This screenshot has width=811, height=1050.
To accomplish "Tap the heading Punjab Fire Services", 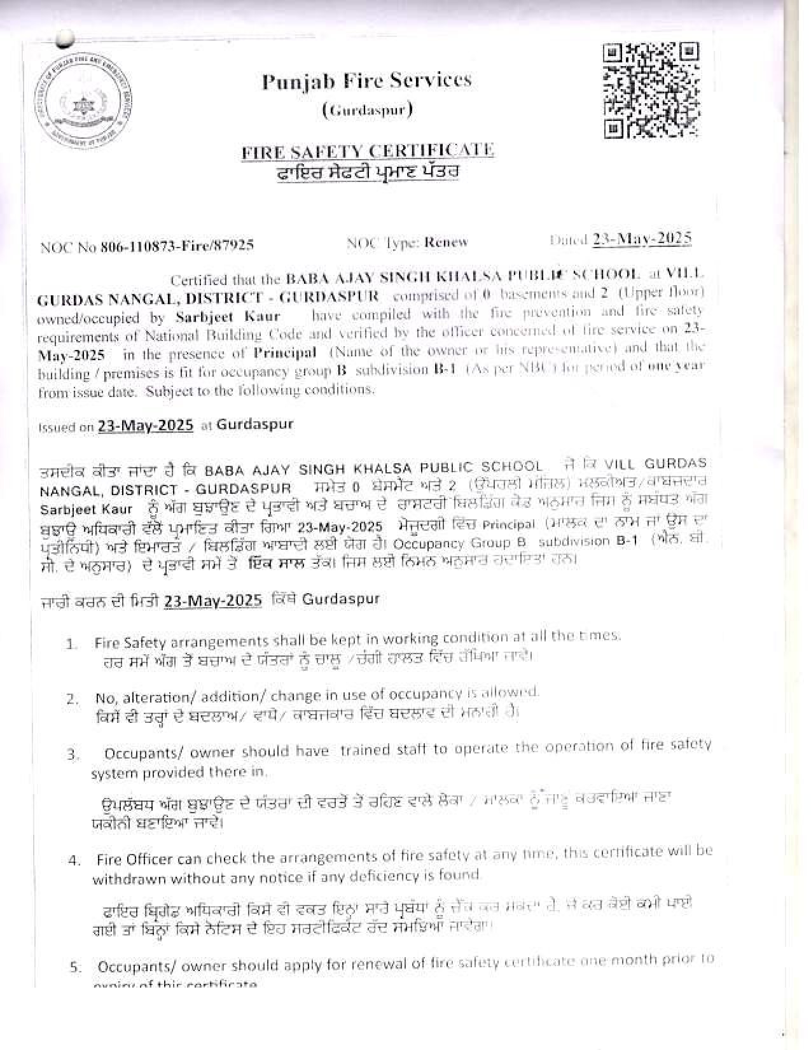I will click(x=367, y=81).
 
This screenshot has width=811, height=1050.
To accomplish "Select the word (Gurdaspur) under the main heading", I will click(x=368, y=111).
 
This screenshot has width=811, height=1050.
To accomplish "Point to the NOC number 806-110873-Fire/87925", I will click(x=177, y=246).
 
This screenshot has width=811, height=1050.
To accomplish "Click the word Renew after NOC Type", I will click(x=446, y=242).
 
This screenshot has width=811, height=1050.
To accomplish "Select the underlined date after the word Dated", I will click(x=642, y=239).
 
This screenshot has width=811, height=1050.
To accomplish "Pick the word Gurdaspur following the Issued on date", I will click(x=255, y=424).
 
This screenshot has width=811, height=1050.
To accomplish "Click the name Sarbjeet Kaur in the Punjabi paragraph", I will click(x=86, y=510).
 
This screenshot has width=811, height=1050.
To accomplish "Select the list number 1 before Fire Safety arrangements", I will click(x=71, y=644).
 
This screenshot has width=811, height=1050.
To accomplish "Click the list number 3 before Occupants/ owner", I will click(x=73, y=755).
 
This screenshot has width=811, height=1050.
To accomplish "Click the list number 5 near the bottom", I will click(x=75, y=968).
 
